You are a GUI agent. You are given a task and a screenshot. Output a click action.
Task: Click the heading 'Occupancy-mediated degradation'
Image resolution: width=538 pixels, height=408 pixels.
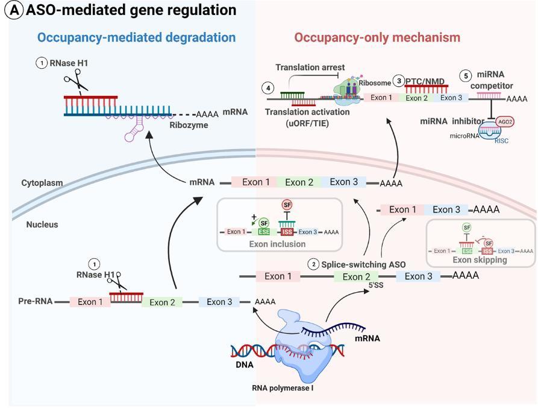[136, 37]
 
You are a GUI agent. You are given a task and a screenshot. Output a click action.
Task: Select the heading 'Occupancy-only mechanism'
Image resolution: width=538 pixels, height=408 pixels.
[377, 37]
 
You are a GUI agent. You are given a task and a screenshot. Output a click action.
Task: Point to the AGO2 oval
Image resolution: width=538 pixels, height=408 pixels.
[505, 121]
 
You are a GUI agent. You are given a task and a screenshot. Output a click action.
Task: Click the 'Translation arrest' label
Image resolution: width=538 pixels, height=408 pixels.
[310, 68]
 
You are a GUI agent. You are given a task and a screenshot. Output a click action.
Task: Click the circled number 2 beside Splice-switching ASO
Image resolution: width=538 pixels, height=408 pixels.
[313, 264]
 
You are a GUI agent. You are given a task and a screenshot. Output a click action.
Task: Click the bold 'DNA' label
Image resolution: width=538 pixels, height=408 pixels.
[245, 365]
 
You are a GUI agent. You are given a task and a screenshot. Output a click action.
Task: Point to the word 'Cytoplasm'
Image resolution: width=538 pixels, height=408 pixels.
[42, 183]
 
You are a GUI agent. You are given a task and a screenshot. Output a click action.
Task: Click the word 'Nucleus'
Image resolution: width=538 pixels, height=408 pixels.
[42, 225]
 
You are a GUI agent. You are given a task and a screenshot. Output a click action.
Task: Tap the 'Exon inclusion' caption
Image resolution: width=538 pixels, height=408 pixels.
[278, 244]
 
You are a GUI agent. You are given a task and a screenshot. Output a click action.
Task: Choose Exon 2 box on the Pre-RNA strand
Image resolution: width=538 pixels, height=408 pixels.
[162, 302]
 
